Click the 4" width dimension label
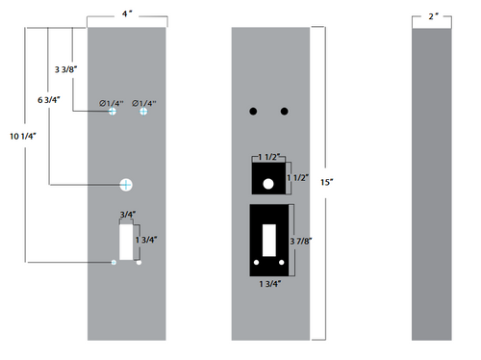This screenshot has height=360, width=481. tap(127, 14)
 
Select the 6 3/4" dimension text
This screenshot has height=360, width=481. tap(51, 99)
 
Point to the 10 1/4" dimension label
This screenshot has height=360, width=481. tap(20, 136)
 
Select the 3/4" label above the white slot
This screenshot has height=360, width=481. tap(127, 215)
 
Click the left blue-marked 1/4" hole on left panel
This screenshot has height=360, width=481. tap(113, 113)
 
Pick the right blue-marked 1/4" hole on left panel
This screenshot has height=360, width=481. tap(143, 113)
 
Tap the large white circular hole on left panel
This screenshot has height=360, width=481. tap(126, 183)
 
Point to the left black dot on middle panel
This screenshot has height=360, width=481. tap(254, 112)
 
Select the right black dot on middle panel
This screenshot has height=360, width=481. tap(284, 112)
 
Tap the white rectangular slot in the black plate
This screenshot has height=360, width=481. tap(269, 238)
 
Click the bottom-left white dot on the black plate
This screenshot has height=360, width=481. tap(257, 263)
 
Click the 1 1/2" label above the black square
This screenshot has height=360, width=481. tap(269, 155)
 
